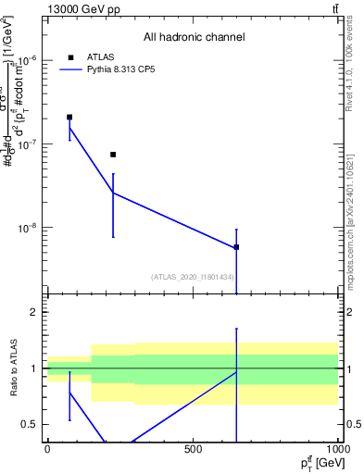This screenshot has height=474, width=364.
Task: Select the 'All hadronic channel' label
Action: click(x=194, y=37)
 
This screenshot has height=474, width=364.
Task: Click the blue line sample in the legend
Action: click(x=70, y=69)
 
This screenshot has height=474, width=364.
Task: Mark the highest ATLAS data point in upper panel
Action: click(x=69, y=118)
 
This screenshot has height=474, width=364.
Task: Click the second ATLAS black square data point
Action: click(x=113, y=155)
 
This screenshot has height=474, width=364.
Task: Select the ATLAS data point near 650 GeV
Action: click(x=236, y=247)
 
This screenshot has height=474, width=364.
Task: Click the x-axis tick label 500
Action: click(x=193, y=449)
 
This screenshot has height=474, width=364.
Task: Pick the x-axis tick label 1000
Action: click(x=337, y=449)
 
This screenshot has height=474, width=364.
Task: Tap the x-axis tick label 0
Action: click(x=47, y=449)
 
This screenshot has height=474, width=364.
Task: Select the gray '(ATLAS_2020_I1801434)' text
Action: click(x=192, y=277)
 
